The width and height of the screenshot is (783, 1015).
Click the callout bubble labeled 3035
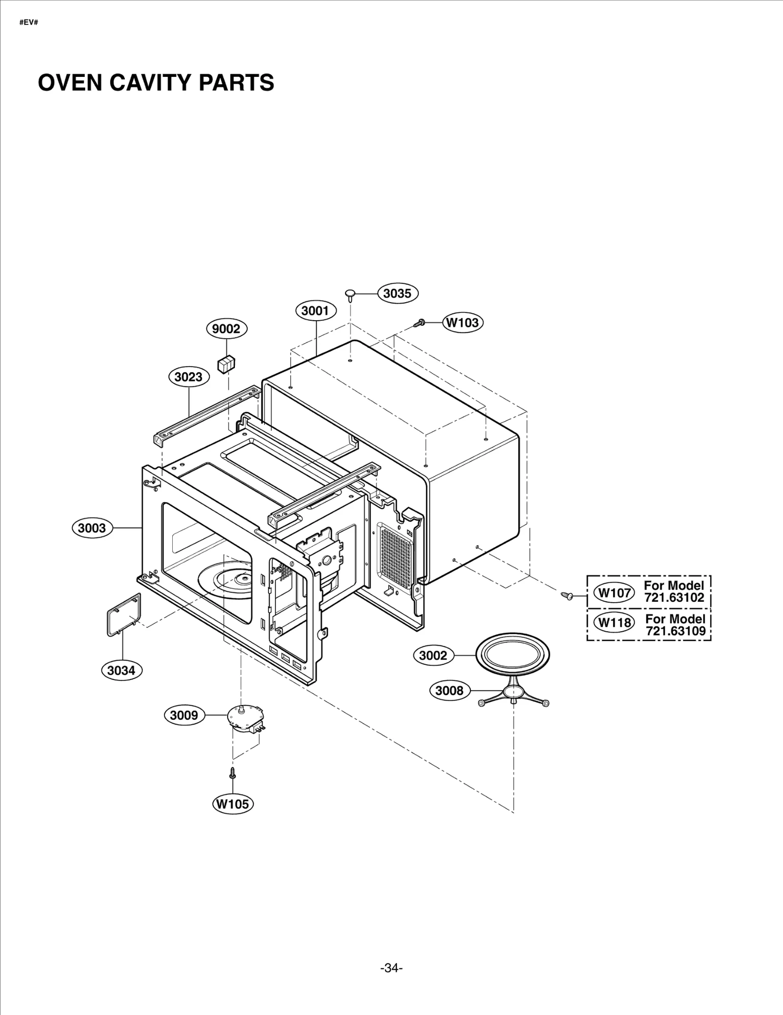[398, 293]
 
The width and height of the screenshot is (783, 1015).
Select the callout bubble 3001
[316, 310]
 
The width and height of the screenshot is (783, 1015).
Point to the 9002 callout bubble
[226, 329]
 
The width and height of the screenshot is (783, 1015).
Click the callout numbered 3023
[189, 377]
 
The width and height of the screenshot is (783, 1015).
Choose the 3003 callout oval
[92, 528]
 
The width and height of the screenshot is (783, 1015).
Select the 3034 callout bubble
[121, 670]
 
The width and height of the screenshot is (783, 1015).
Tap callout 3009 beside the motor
[184, 715]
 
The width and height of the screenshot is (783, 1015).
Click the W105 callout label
[233, 803]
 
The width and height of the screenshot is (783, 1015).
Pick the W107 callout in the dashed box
[615, 593]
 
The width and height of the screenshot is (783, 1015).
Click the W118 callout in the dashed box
[615, 622]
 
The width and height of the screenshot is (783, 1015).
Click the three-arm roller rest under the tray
[513, 695]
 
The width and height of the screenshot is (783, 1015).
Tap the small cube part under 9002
[226, 364]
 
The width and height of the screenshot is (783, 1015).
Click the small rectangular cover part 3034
[124, 614]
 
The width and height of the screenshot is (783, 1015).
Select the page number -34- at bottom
[391, 954]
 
